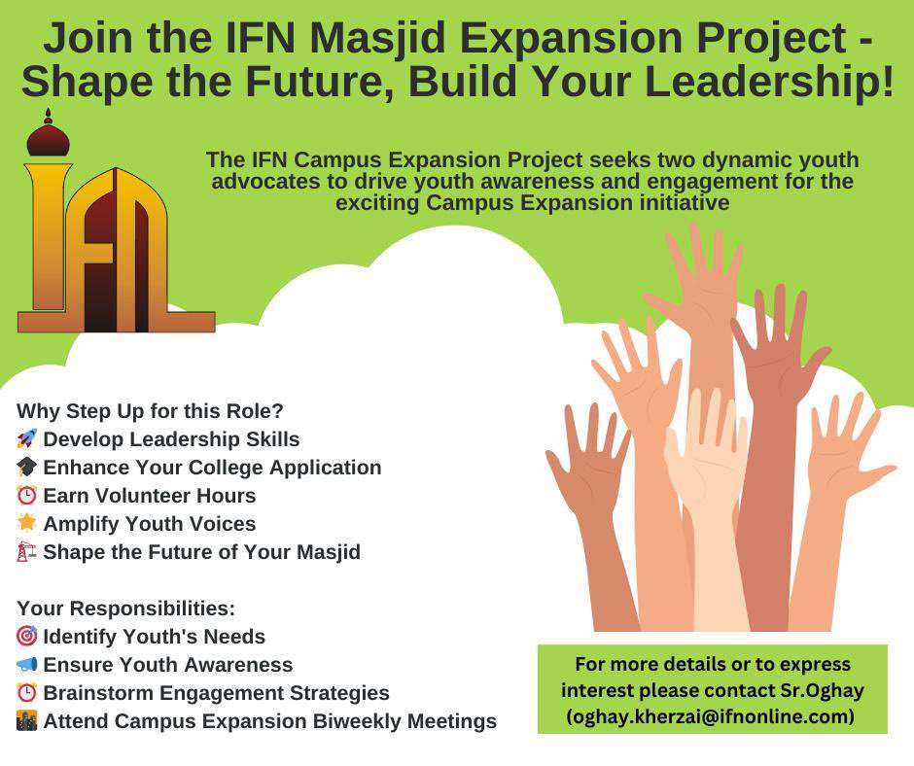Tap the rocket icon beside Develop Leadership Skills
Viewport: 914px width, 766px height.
coord(27,439)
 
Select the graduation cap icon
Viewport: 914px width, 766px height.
coord(27,468)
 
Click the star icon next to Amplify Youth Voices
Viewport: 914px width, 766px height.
coord(27,523)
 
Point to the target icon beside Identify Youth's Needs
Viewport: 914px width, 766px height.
coord(27,637)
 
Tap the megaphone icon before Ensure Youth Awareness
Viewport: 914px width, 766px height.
coord(27,665)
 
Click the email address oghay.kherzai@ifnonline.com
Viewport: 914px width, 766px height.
coord(711,716)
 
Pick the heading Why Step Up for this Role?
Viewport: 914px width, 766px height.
coord(150,410)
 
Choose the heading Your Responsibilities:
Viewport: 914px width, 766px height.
coord(126,609)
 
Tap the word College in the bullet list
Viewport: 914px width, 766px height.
coord(228,468)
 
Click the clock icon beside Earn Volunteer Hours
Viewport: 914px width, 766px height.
coord(27,496)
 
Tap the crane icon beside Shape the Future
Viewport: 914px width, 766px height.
coord(27,552)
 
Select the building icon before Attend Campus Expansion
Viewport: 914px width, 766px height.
coord(27,721)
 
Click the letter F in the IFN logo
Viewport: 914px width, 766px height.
coord(97,253)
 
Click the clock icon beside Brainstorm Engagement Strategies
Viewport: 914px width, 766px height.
coord(27,693)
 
